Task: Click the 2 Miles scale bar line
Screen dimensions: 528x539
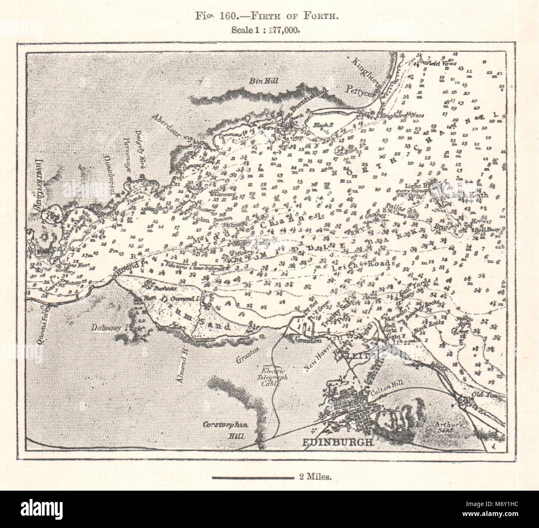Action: tap(253, 478)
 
